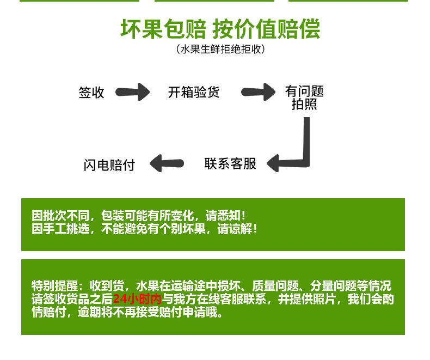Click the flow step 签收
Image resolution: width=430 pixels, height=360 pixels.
tap(91, 93)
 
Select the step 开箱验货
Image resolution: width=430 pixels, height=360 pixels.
tap(194, 92)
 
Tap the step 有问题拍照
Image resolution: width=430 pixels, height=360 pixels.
tap(304, 97)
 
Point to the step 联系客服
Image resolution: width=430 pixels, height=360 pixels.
tap(230, 164)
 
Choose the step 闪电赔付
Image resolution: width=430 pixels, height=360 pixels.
tap(109, 165)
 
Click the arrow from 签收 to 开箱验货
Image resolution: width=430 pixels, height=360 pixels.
tap(133, 92)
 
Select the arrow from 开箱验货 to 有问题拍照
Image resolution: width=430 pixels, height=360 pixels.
tap(259, 92)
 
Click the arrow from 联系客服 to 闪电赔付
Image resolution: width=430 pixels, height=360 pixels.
tap(167, 163)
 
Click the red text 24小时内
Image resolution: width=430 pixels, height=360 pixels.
tap(137, 299)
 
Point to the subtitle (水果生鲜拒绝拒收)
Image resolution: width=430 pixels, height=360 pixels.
tap(220, 50)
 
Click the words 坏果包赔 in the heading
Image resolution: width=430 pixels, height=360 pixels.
tap(163, 29)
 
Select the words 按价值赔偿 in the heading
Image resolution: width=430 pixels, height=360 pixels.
tap(266, 29)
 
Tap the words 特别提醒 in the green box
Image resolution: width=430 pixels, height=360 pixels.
tap(55, 286)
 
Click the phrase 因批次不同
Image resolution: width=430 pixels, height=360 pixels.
tap(60, 216)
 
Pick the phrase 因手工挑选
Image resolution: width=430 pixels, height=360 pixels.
tap(60, 229)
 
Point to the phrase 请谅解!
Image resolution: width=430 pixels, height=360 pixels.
tap(237, 229)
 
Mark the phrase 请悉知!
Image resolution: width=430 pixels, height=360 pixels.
tap(226, 216)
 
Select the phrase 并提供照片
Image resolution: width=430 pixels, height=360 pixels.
tap(307, 299)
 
